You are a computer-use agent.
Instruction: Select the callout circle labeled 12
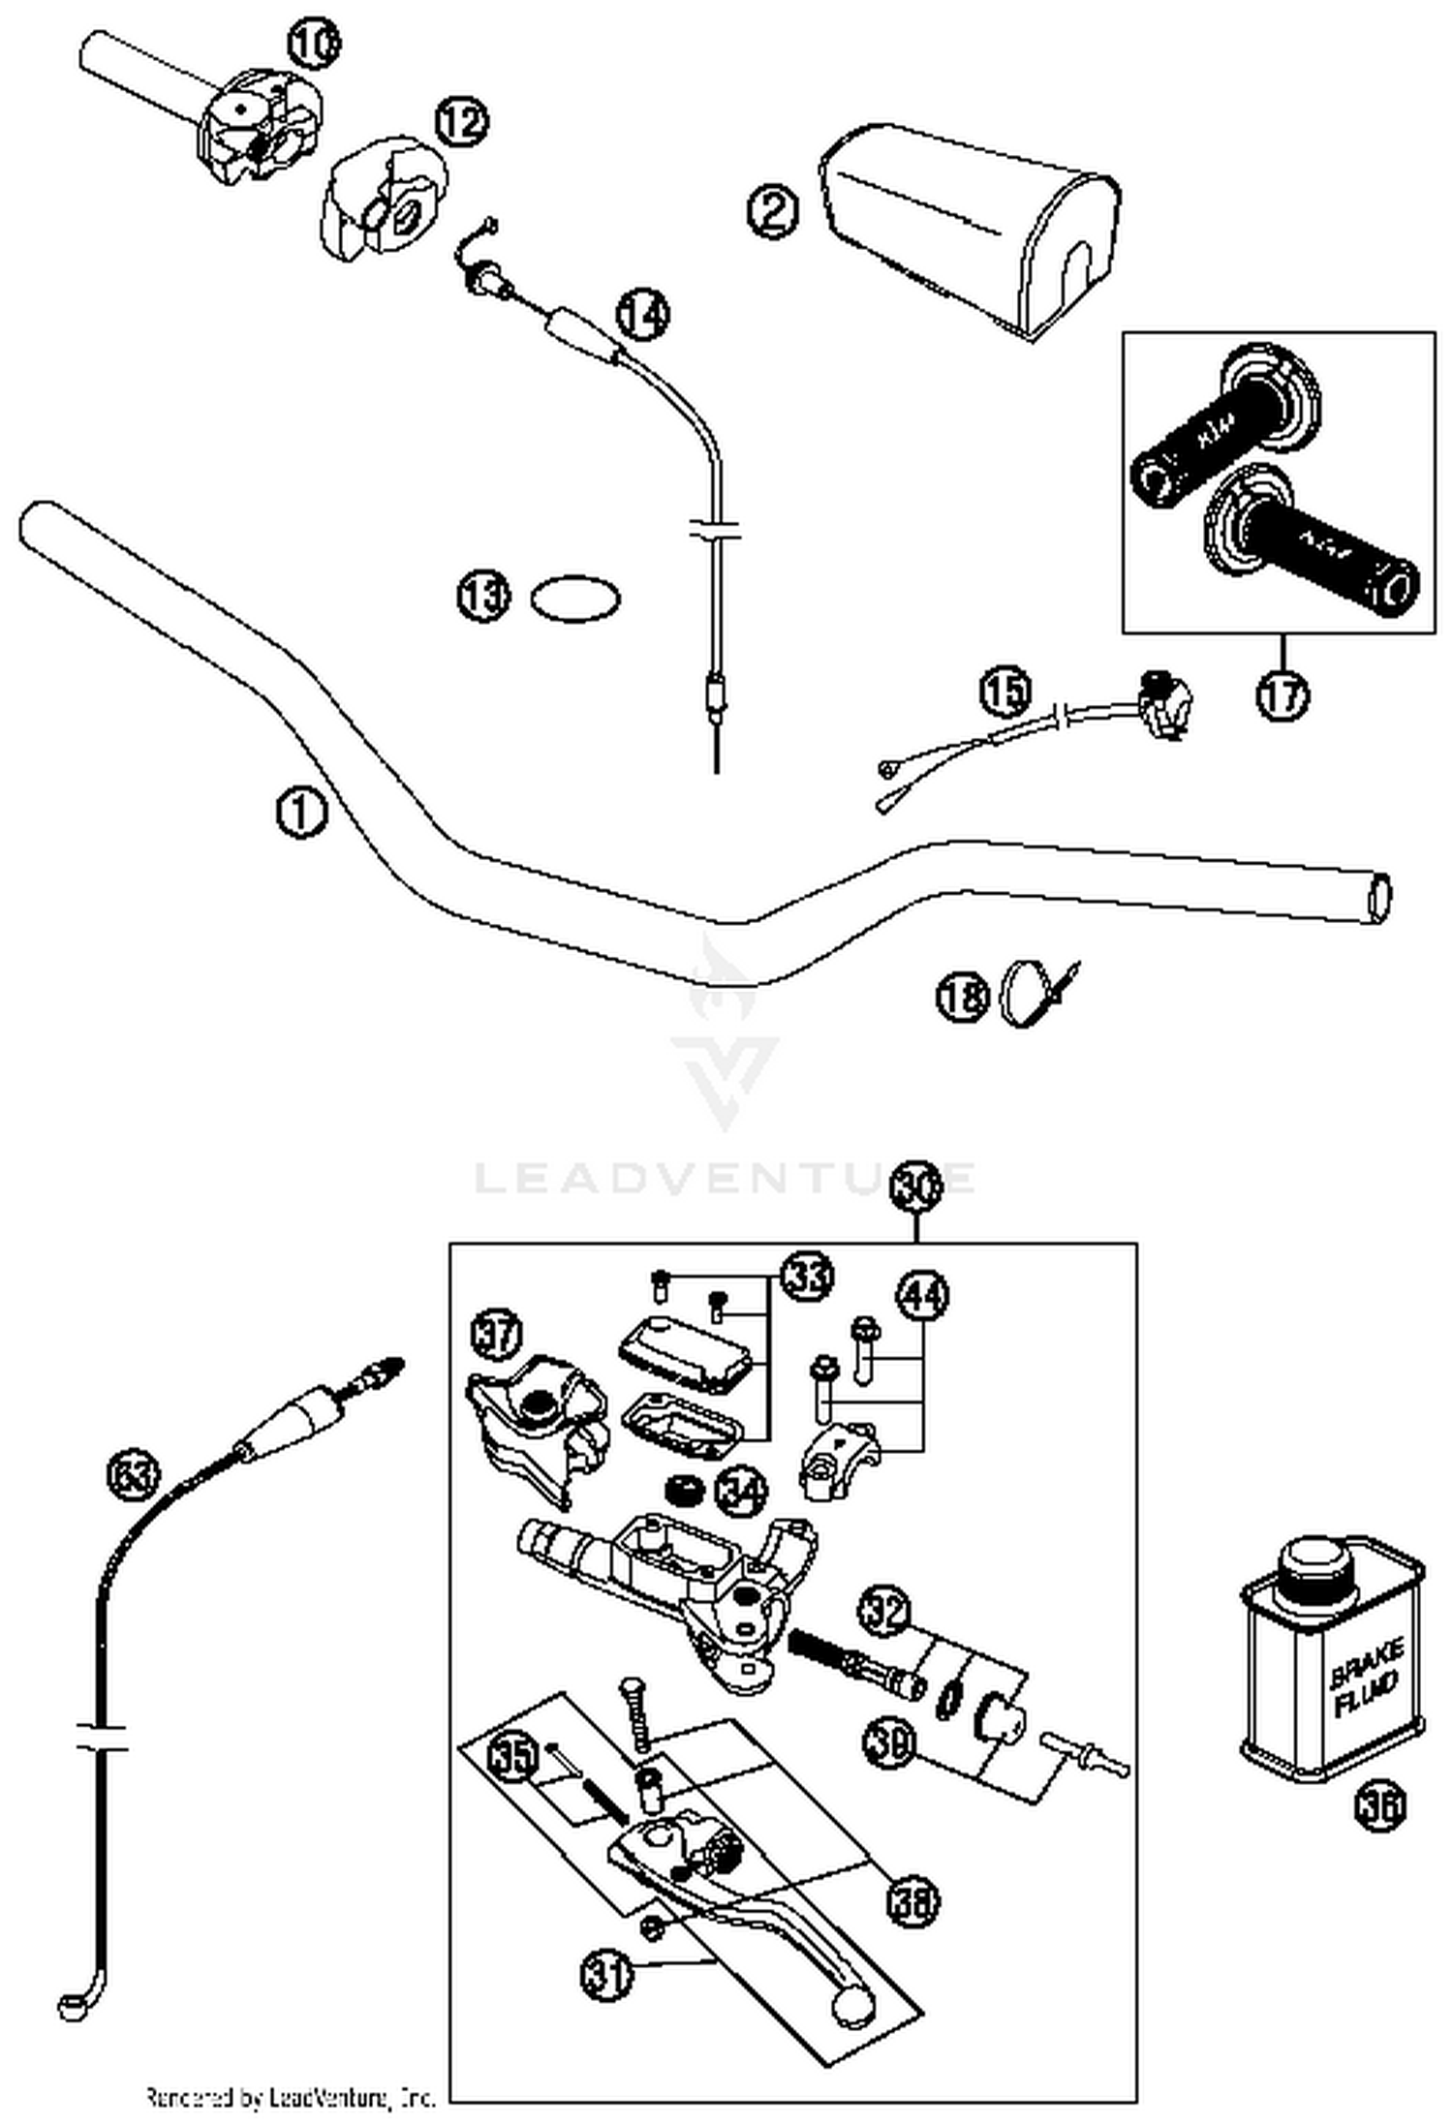461,122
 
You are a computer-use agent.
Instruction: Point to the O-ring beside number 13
575,599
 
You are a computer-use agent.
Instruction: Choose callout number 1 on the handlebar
301,813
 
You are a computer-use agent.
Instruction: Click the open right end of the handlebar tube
1379,897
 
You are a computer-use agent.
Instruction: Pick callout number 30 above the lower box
915,1190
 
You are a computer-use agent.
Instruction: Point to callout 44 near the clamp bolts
923,1296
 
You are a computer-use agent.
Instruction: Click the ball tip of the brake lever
852,2004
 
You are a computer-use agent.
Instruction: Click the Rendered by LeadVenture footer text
291,2098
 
